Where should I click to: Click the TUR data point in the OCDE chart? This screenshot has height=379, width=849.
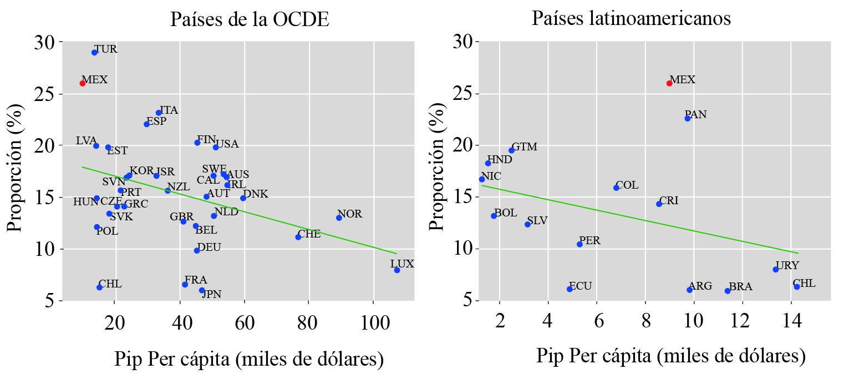click(x=94, y=53)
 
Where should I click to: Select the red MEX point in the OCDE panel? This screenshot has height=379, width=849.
click(x=83, y=83)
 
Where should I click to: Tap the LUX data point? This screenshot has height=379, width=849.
click(x=397, y=270)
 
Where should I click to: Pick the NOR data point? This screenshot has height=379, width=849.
click(x=339, y=218)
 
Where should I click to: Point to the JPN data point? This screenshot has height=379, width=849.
click(x=202, y=290)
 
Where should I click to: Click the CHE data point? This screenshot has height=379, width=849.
click(x=298, y=237)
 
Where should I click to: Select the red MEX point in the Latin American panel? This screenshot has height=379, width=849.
click(x=669, y=83)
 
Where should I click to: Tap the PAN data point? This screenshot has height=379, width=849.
click(x=688, y=118)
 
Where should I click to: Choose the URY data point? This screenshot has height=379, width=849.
click(x=776, y=270)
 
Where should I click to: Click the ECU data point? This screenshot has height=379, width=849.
click(x=570, y=289)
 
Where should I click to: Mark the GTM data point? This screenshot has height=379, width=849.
click(x=512, y=150)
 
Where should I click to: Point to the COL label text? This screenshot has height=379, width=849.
click(x=627, y=185)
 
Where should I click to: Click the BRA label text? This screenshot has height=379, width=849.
click(x=740, y=287)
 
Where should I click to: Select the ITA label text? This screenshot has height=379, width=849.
click(x=169, y=110)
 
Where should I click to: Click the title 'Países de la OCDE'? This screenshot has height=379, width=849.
click(x=250, y=20)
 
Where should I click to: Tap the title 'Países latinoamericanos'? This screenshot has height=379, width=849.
click(x=632, y=19)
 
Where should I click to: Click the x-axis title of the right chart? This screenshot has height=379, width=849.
click(x=670, y=356)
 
